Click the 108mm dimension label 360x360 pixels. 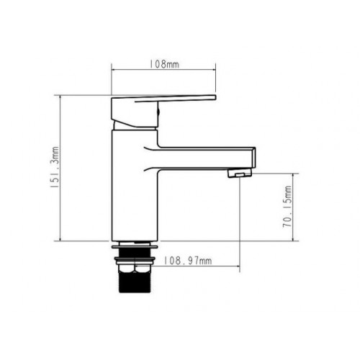pos(164,64)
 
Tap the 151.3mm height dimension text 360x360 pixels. pos(55,167)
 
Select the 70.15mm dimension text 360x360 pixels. pos(287,207)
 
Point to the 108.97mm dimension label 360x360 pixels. pos(188,261)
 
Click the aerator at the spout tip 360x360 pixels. pos(240,173)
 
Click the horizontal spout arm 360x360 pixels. pos(207,158)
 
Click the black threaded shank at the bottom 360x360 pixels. pos(135,282)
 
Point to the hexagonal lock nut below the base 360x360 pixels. pos(135,269)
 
